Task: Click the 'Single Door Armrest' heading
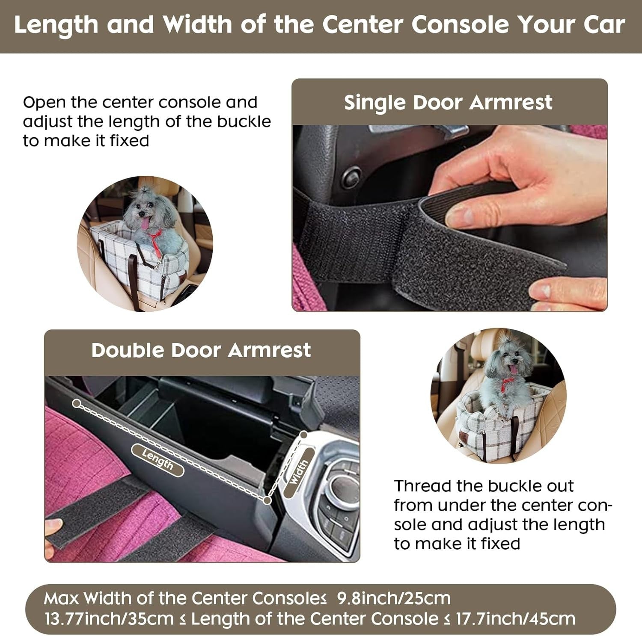tap(448, 103)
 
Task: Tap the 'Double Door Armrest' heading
tap(201, 350)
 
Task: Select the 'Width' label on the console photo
tap(298, 472)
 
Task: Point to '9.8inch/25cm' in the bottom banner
tap(394, 598)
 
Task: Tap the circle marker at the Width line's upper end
tap(303, 435)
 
